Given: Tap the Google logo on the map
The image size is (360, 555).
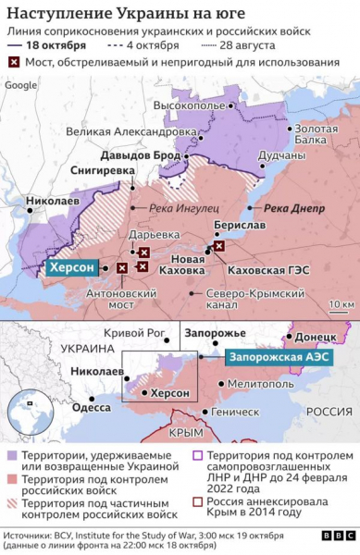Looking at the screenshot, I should click(x=21, y=85).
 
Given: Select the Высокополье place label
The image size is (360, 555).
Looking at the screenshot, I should click(x=191, y=106).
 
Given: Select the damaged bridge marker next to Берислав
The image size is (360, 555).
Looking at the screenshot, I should click(x=218, y=247).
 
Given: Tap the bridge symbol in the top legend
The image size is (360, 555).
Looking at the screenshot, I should click(x=12, y=63).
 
